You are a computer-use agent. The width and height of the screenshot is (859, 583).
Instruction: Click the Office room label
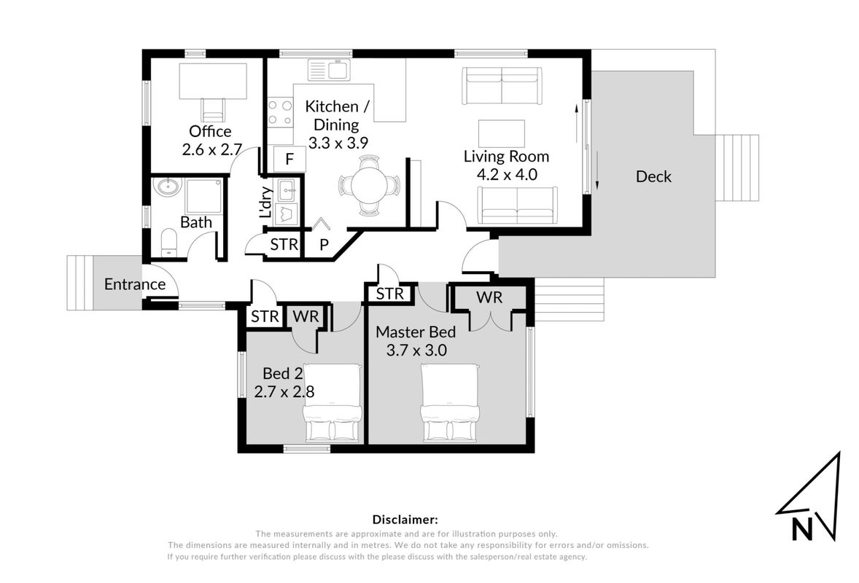tap(210, 131)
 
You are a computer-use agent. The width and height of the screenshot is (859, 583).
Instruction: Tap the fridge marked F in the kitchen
tap(289, 159)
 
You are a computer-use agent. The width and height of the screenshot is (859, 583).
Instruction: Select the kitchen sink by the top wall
tap(329, 69)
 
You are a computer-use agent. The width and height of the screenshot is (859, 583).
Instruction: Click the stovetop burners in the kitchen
tap(280, 113)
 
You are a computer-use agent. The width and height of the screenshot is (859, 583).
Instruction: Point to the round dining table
tap(369, 185)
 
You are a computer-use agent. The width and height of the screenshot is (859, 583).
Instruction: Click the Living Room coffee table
tap(501, 133)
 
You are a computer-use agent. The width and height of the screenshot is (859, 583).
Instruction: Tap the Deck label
tap(653, 176)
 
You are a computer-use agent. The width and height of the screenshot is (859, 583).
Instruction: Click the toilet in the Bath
tap(169, 243)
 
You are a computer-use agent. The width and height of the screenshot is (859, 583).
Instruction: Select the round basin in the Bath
tap(168, 187)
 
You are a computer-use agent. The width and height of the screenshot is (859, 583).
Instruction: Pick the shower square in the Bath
tap(203, 196)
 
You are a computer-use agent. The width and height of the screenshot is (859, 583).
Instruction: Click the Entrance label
tap(135, 284)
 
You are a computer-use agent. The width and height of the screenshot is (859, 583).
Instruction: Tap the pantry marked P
tap(324, 244)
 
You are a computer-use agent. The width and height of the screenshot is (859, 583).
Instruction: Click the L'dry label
tap(265, 203)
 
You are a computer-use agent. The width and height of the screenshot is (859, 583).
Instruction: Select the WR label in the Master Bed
tap(489, 297)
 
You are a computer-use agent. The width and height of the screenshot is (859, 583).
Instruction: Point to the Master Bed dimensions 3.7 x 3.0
tap(416, 351)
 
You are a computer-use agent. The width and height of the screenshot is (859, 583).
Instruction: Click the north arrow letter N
tap(802, 529)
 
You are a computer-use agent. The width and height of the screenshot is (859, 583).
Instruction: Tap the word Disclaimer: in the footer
tap(405, 520)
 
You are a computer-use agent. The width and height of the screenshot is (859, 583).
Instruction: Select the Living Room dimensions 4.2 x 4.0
tap(507, 175)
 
